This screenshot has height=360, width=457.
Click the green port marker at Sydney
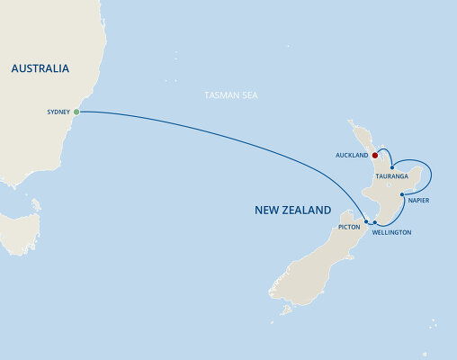(x=76, y=112)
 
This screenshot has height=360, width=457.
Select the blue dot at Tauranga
(x=392, y=167)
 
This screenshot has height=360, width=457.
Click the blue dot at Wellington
(x=374, y=221)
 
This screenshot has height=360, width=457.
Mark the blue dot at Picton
(x=365, y=220)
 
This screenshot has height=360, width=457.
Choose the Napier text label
(x=419, y=200)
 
